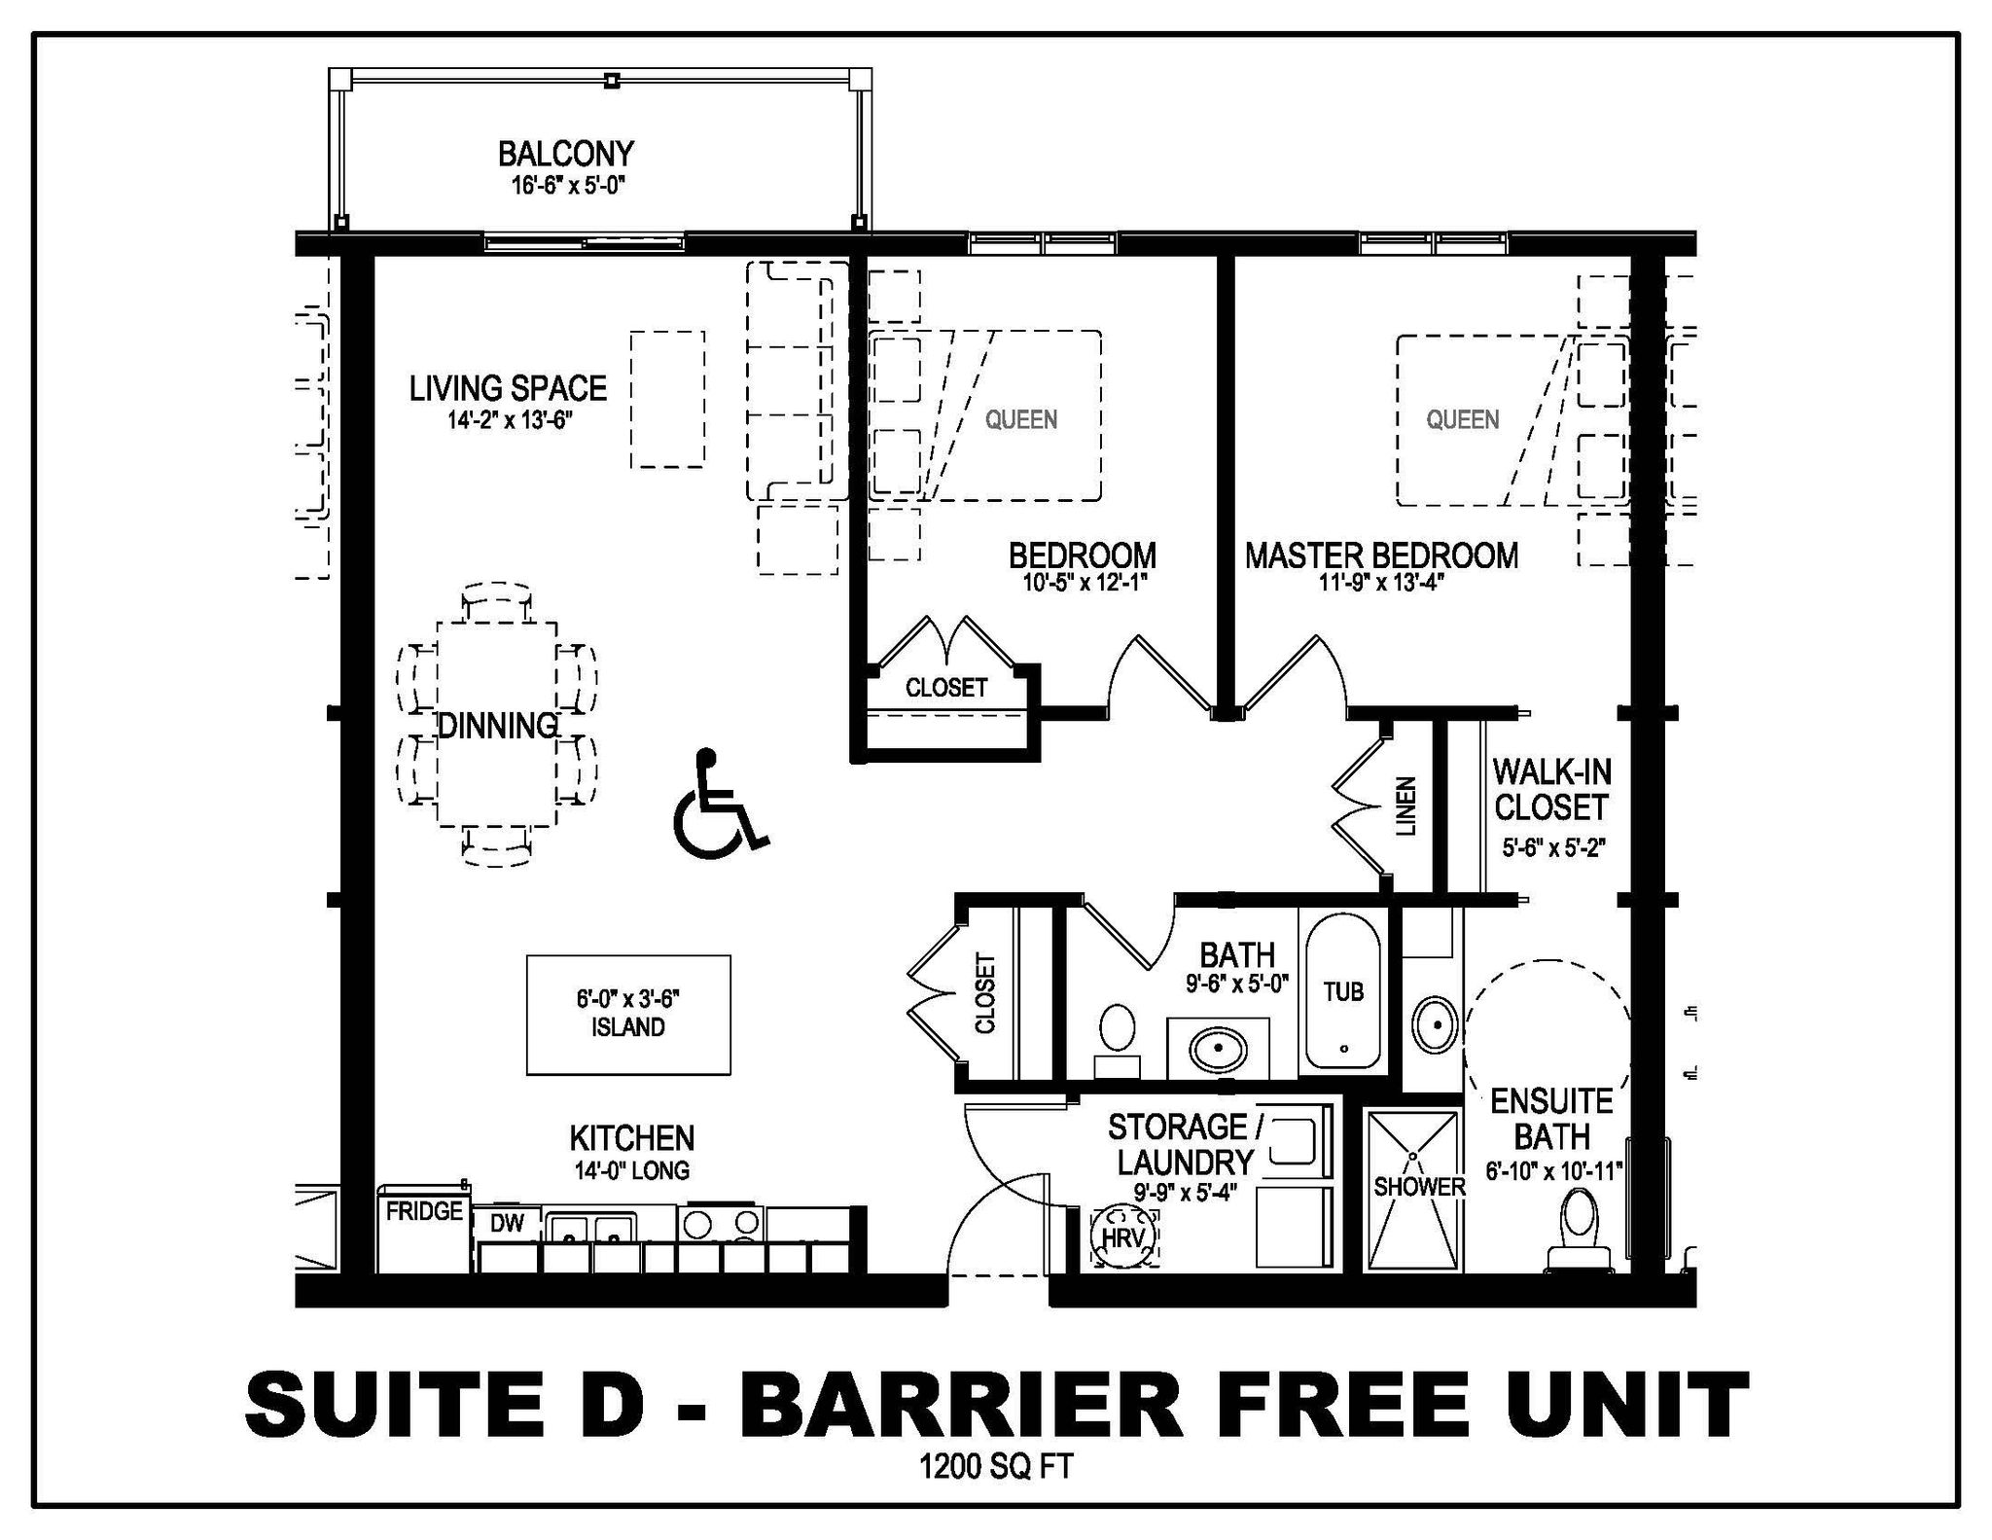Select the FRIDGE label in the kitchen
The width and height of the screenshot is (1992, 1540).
(424, 1212)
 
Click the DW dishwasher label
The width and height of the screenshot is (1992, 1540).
(507, 1224)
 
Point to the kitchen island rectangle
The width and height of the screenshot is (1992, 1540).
(628, 1015)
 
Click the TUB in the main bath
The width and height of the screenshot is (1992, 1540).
(1343, 990)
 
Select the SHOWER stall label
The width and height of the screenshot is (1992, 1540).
(1419, 1187)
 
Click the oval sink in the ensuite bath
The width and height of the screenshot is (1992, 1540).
(1434, 1024)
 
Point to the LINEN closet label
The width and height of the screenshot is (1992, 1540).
(1406, 806)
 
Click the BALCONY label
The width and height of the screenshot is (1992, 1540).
(566, 154)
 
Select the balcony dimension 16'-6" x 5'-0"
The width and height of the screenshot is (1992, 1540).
(567, 185)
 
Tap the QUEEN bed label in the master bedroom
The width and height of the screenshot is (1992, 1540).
(1463, 419)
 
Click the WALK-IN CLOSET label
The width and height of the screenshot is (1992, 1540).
(1551, 790)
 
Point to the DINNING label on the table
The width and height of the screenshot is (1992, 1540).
(498, 726)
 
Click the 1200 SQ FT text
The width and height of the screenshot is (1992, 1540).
(996, 1466)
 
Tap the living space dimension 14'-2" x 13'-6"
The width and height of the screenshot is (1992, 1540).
(510, 420)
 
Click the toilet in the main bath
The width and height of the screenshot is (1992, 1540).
(1118, 1039)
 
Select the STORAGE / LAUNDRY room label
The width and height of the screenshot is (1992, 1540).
(1186, 1145)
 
